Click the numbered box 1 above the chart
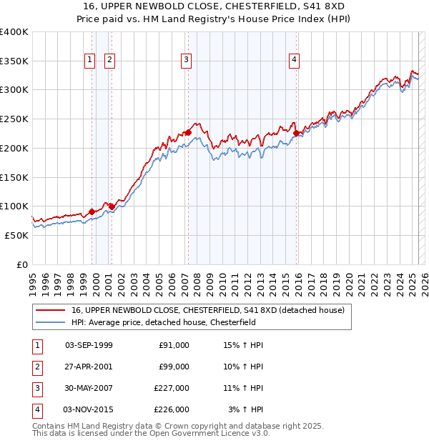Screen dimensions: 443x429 pos(90,61)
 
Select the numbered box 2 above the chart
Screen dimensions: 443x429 pos(109,61)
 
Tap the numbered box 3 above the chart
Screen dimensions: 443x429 pos(186,61)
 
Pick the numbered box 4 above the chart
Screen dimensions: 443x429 pos(294,61)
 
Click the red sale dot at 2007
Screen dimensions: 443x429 pos(188,132)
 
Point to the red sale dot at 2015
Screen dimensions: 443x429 pos(296,132)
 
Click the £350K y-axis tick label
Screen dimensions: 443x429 pos(14,61)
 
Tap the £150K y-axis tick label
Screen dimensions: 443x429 pos(14,176)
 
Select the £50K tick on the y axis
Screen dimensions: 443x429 pos(17,234)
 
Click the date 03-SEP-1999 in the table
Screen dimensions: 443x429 pos(89,345)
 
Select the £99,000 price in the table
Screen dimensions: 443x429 pos(174,367)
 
